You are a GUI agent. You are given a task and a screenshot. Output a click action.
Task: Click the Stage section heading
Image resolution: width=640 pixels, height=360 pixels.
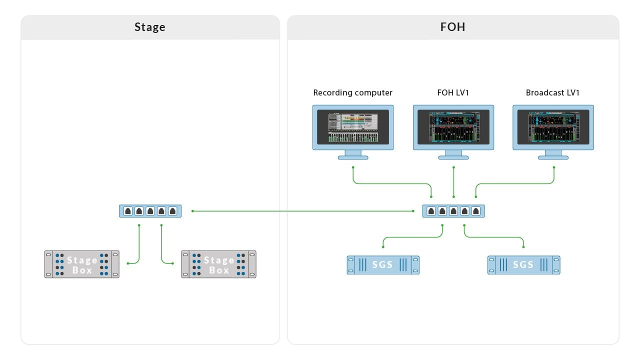(x=149, y=27)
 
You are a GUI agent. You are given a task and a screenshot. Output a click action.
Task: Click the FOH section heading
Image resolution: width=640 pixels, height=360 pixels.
(x=452, y=27)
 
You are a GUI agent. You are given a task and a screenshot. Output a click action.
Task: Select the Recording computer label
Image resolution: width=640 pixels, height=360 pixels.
(x=352, y=93)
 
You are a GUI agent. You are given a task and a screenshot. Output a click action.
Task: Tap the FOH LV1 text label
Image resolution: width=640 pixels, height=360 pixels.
(x=453, y=93)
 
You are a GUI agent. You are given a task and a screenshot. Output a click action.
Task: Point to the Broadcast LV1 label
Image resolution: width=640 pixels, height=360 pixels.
(x=552, y=93)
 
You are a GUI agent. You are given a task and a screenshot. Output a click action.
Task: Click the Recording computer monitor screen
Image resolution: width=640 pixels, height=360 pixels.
(x=353, y=127)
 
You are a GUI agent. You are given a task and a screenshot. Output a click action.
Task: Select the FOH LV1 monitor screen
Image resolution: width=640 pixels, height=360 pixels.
(x=453, y=127)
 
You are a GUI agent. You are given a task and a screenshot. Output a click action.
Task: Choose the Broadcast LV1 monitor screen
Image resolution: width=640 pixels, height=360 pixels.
(x=553, y=127)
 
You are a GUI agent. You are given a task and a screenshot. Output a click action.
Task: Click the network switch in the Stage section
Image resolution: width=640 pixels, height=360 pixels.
(x=150, y=211)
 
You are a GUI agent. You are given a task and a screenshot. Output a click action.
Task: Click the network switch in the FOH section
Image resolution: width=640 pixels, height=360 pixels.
(x=453, y=211)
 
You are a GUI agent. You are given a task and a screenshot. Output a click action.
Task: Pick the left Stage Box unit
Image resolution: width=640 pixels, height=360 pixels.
(x=82, y=264)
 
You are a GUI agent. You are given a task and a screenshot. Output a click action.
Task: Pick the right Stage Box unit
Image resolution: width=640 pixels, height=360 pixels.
(x=218, y=264)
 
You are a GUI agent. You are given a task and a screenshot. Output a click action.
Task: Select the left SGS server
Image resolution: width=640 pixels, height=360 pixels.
(x=383, y=265)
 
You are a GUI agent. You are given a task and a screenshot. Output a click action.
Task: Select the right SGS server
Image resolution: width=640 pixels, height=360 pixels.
(x=523, y=265)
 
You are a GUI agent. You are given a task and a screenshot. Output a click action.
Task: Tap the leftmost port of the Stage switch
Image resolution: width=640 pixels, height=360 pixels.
(x=128, y=211)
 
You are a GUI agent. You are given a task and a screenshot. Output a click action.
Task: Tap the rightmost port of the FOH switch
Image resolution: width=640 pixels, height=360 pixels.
(x=476, y=211)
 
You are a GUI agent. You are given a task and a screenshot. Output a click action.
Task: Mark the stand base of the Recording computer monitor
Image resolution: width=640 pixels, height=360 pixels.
(x=353, y=157)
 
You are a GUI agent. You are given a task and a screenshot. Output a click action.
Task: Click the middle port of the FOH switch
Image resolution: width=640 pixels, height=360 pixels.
(x=453, y=211)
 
